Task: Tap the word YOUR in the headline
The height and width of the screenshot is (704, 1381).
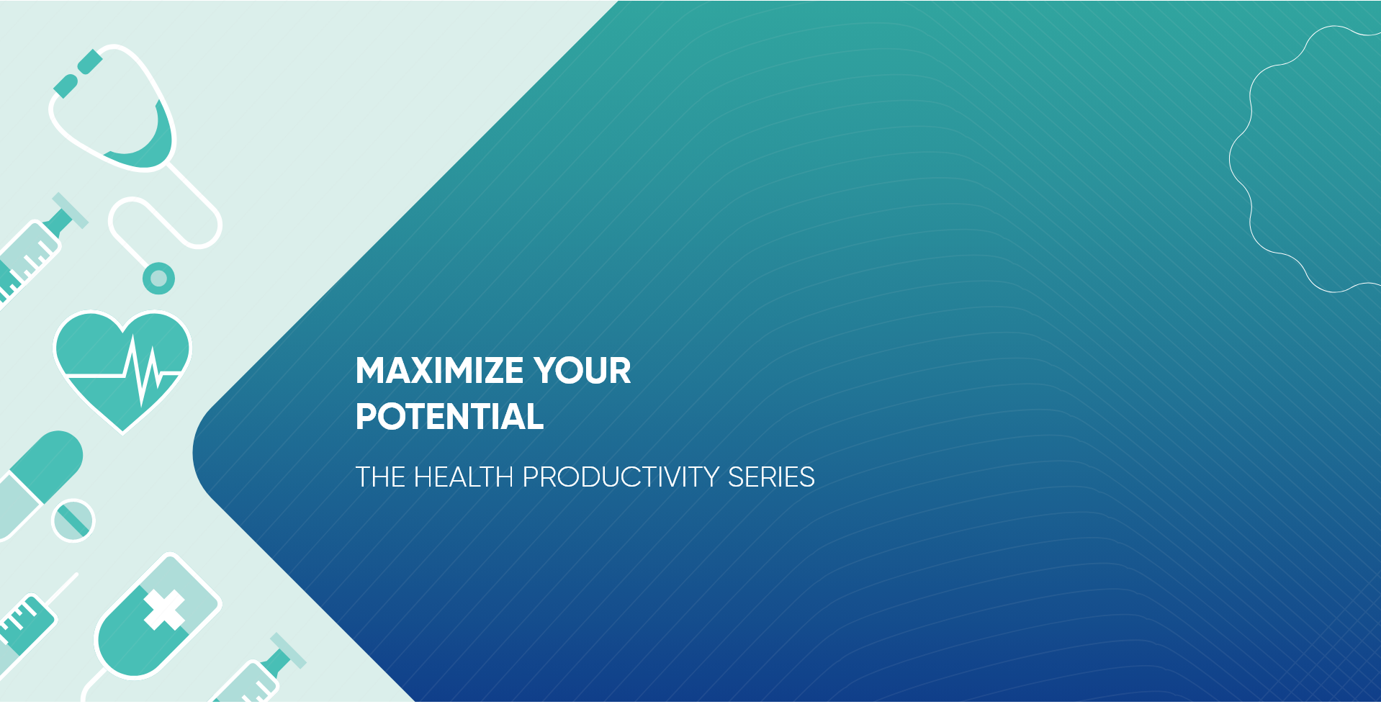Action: tap(582, 371)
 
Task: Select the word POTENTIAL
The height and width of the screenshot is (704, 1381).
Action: tap(449, 417)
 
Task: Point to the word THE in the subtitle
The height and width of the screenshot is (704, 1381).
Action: tap(380, 477)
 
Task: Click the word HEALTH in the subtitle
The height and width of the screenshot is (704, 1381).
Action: tap(464, 477)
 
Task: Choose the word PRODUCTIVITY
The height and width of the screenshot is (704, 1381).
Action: tap(621, 477)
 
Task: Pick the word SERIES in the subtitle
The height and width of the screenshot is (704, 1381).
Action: tap(771, 477)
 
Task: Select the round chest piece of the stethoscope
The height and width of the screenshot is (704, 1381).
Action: tap(158, 279)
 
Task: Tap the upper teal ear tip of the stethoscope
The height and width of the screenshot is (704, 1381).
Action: tap(90, 61)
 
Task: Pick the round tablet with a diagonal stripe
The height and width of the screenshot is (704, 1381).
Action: tap(73, 520)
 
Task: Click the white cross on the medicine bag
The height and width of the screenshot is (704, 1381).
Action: tap(165, 610)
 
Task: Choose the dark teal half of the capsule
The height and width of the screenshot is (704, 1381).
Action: tap(49, 465)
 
